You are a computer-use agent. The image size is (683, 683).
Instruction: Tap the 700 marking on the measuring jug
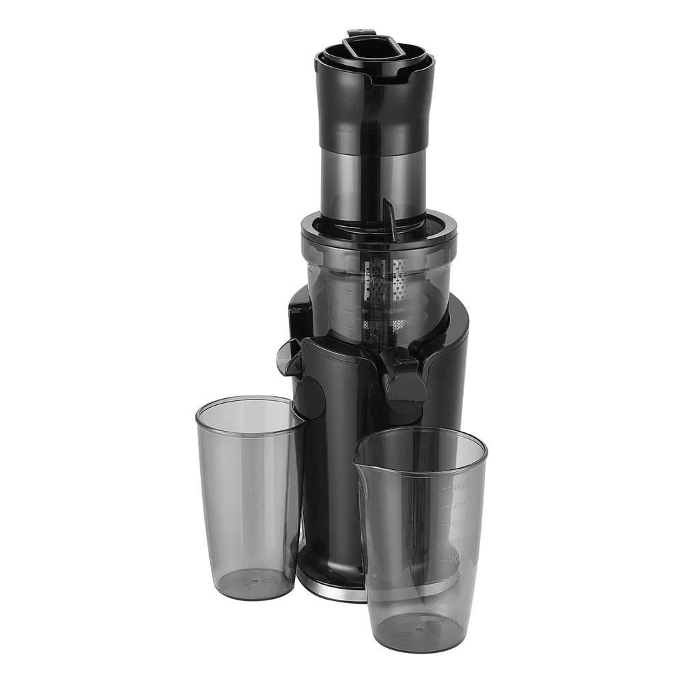[458, 505]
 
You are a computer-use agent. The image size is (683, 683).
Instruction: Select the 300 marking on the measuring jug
[454, 577]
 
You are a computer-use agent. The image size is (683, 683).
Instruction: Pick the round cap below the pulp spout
[311, 396]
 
